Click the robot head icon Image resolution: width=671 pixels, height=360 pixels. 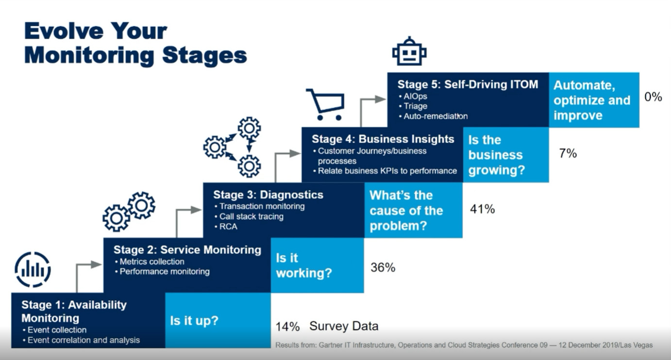(x=409, y=51)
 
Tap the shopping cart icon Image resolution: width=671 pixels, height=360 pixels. (x=325, y=104)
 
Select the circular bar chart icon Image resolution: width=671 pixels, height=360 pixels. (x=33, y=270)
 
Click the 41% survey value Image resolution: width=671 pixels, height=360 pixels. (x=482, y=209)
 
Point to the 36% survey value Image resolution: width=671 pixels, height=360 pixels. (x=383, y=267)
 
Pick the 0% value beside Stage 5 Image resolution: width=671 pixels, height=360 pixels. (x=653, y=97)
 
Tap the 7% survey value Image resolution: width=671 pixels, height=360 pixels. (x=568, y=153)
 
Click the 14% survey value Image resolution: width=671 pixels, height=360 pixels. (x=287, y=327)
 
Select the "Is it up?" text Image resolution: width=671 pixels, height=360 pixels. (x=194, y=321)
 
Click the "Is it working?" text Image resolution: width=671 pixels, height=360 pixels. (x=304, y=265)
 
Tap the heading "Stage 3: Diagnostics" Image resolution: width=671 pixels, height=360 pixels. (x=268, y=195)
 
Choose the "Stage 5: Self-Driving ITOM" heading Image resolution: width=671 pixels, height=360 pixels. (x=468, y=84)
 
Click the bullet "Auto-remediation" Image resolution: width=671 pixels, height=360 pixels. (x=433, y=116)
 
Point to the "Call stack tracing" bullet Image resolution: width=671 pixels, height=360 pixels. (x=249, y=216)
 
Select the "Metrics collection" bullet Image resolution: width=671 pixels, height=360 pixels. (x=150, y=262)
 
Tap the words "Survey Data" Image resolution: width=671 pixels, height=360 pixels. (x=344, y=326)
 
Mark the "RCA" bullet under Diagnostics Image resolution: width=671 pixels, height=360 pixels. (x=226, y=227)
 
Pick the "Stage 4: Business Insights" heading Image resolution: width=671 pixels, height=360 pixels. (x=383, y=139)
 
